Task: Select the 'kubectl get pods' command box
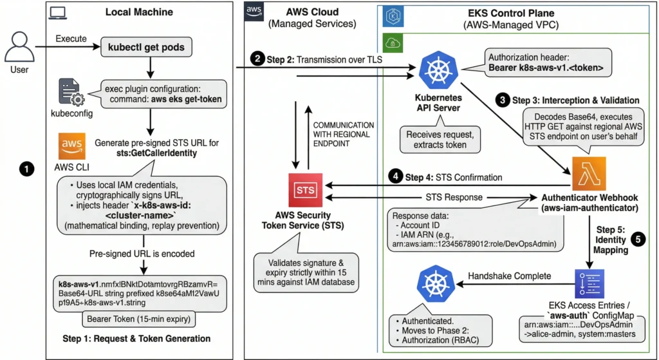pyautogui.click(x=149, y=47)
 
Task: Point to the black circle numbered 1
pyautogui.click(x=26, y=169)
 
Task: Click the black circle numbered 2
pyautogui.click(x=258, y=60)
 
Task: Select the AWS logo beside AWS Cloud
pyautogui.click(x=254, y=11)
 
